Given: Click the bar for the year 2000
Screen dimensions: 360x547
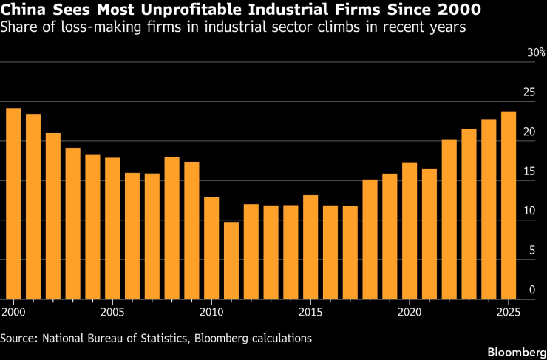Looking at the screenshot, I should (13, 204).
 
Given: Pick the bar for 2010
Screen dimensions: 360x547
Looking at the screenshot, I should (211, 248).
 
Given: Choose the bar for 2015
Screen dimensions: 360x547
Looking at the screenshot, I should (310, 247).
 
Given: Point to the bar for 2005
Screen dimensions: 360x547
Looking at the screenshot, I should (112, 228).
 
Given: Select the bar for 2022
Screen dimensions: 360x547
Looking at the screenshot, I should (449, 219).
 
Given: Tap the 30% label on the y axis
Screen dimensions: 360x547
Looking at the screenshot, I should (534, 53).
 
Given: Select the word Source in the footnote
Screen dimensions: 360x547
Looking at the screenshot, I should (18, 338).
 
